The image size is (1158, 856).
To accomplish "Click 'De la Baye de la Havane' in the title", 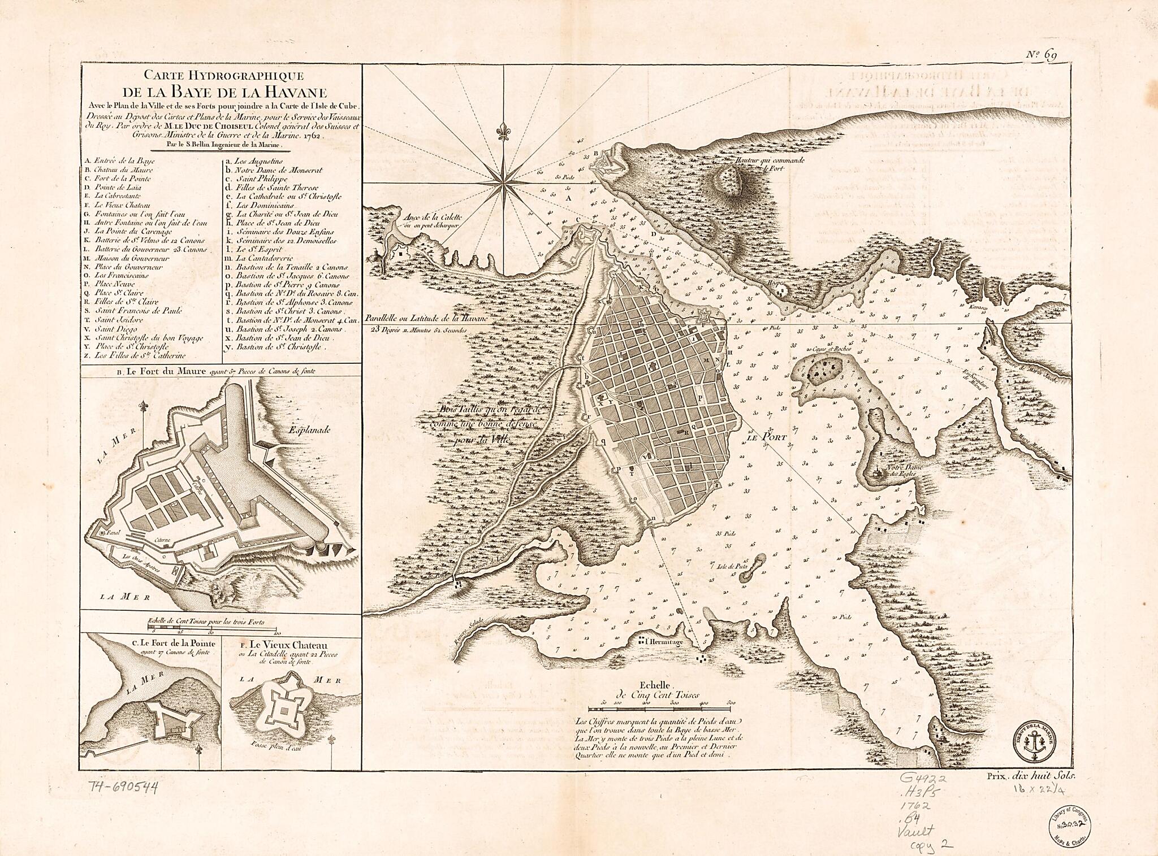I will tap(221, 92).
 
